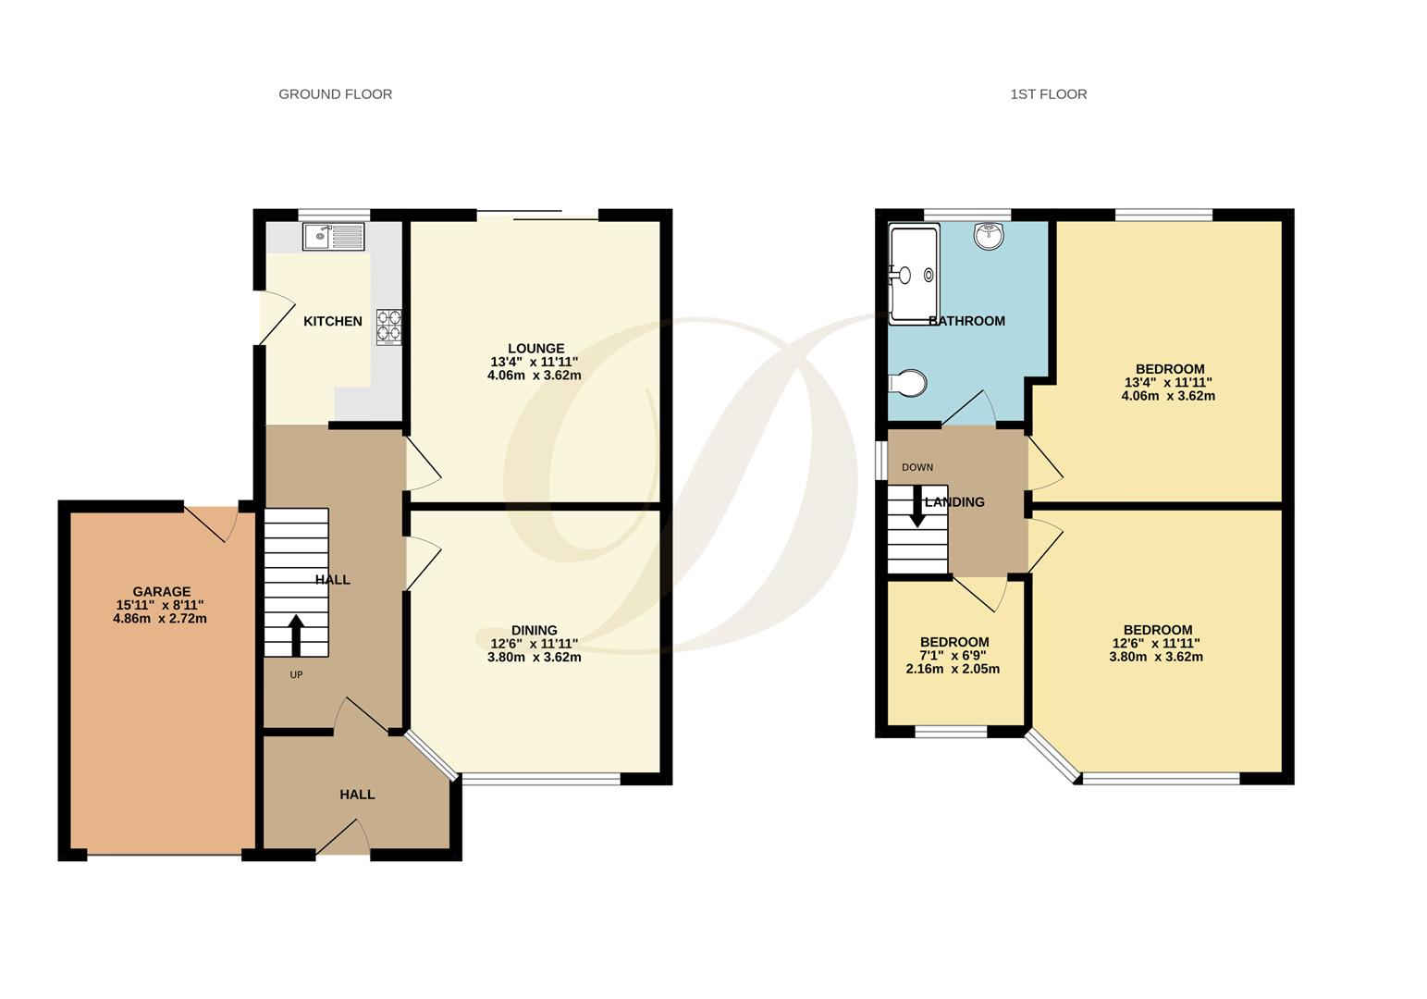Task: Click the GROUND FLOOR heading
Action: point(335,94)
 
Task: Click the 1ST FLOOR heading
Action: point(1048,94)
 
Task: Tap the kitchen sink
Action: point(333,237)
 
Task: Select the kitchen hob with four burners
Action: point(389,327)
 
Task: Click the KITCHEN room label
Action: point(333,321)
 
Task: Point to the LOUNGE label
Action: point(535,349)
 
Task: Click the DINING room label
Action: point(535,631)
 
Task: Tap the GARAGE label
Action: point(161,592)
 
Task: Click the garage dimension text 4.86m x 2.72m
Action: point(160,618)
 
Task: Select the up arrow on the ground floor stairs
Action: point(296,635)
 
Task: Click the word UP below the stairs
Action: point(296,675)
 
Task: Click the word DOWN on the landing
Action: point(917,467)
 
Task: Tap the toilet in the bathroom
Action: point(907,383)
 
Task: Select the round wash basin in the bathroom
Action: point(989,236)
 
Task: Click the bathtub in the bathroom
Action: point(914,275)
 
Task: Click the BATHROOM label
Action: point(966,321)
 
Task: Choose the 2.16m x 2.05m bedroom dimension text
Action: point(953,669)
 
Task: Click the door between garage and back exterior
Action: point(214,522)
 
